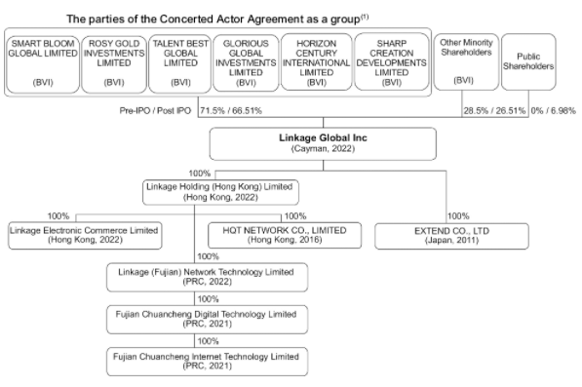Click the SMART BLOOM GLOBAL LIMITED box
(x=43, y=64)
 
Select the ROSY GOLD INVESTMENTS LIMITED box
(x=114, y=64)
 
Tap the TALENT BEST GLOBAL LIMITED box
(x=180, y=64)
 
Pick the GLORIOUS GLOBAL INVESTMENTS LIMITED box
(x=246, y=62)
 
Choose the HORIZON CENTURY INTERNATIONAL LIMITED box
(x=316, y=62)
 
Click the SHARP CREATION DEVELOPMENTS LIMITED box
(x=392, y=62)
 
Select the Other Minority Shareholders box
(x=466, y=62)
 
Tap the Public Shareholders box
(x=528, y=62)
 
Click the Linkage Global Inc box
(x=323, y=144)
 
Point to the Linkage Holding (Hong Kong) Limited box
(x=220, y=192)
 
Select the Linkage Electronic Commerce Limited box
(x=85, y=235)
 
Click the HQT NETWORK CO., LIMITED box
(x=285, y=235)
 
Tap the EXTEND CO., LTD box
(x=451, y=236)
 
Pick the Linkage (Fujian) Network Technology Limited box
(x=207, y=277)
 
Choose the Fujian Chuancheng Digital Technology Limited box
(x=207, y=320)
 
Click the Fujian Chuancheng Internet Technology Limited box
(x=207, y=362)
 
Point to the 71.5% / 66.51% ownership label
(x=231, y=110)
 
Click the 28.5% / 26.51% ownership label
(x=494, y=110)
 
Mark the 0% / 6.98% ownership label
(x=554, y=110)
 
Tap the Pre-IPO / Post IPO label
(x=155, y=110)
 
